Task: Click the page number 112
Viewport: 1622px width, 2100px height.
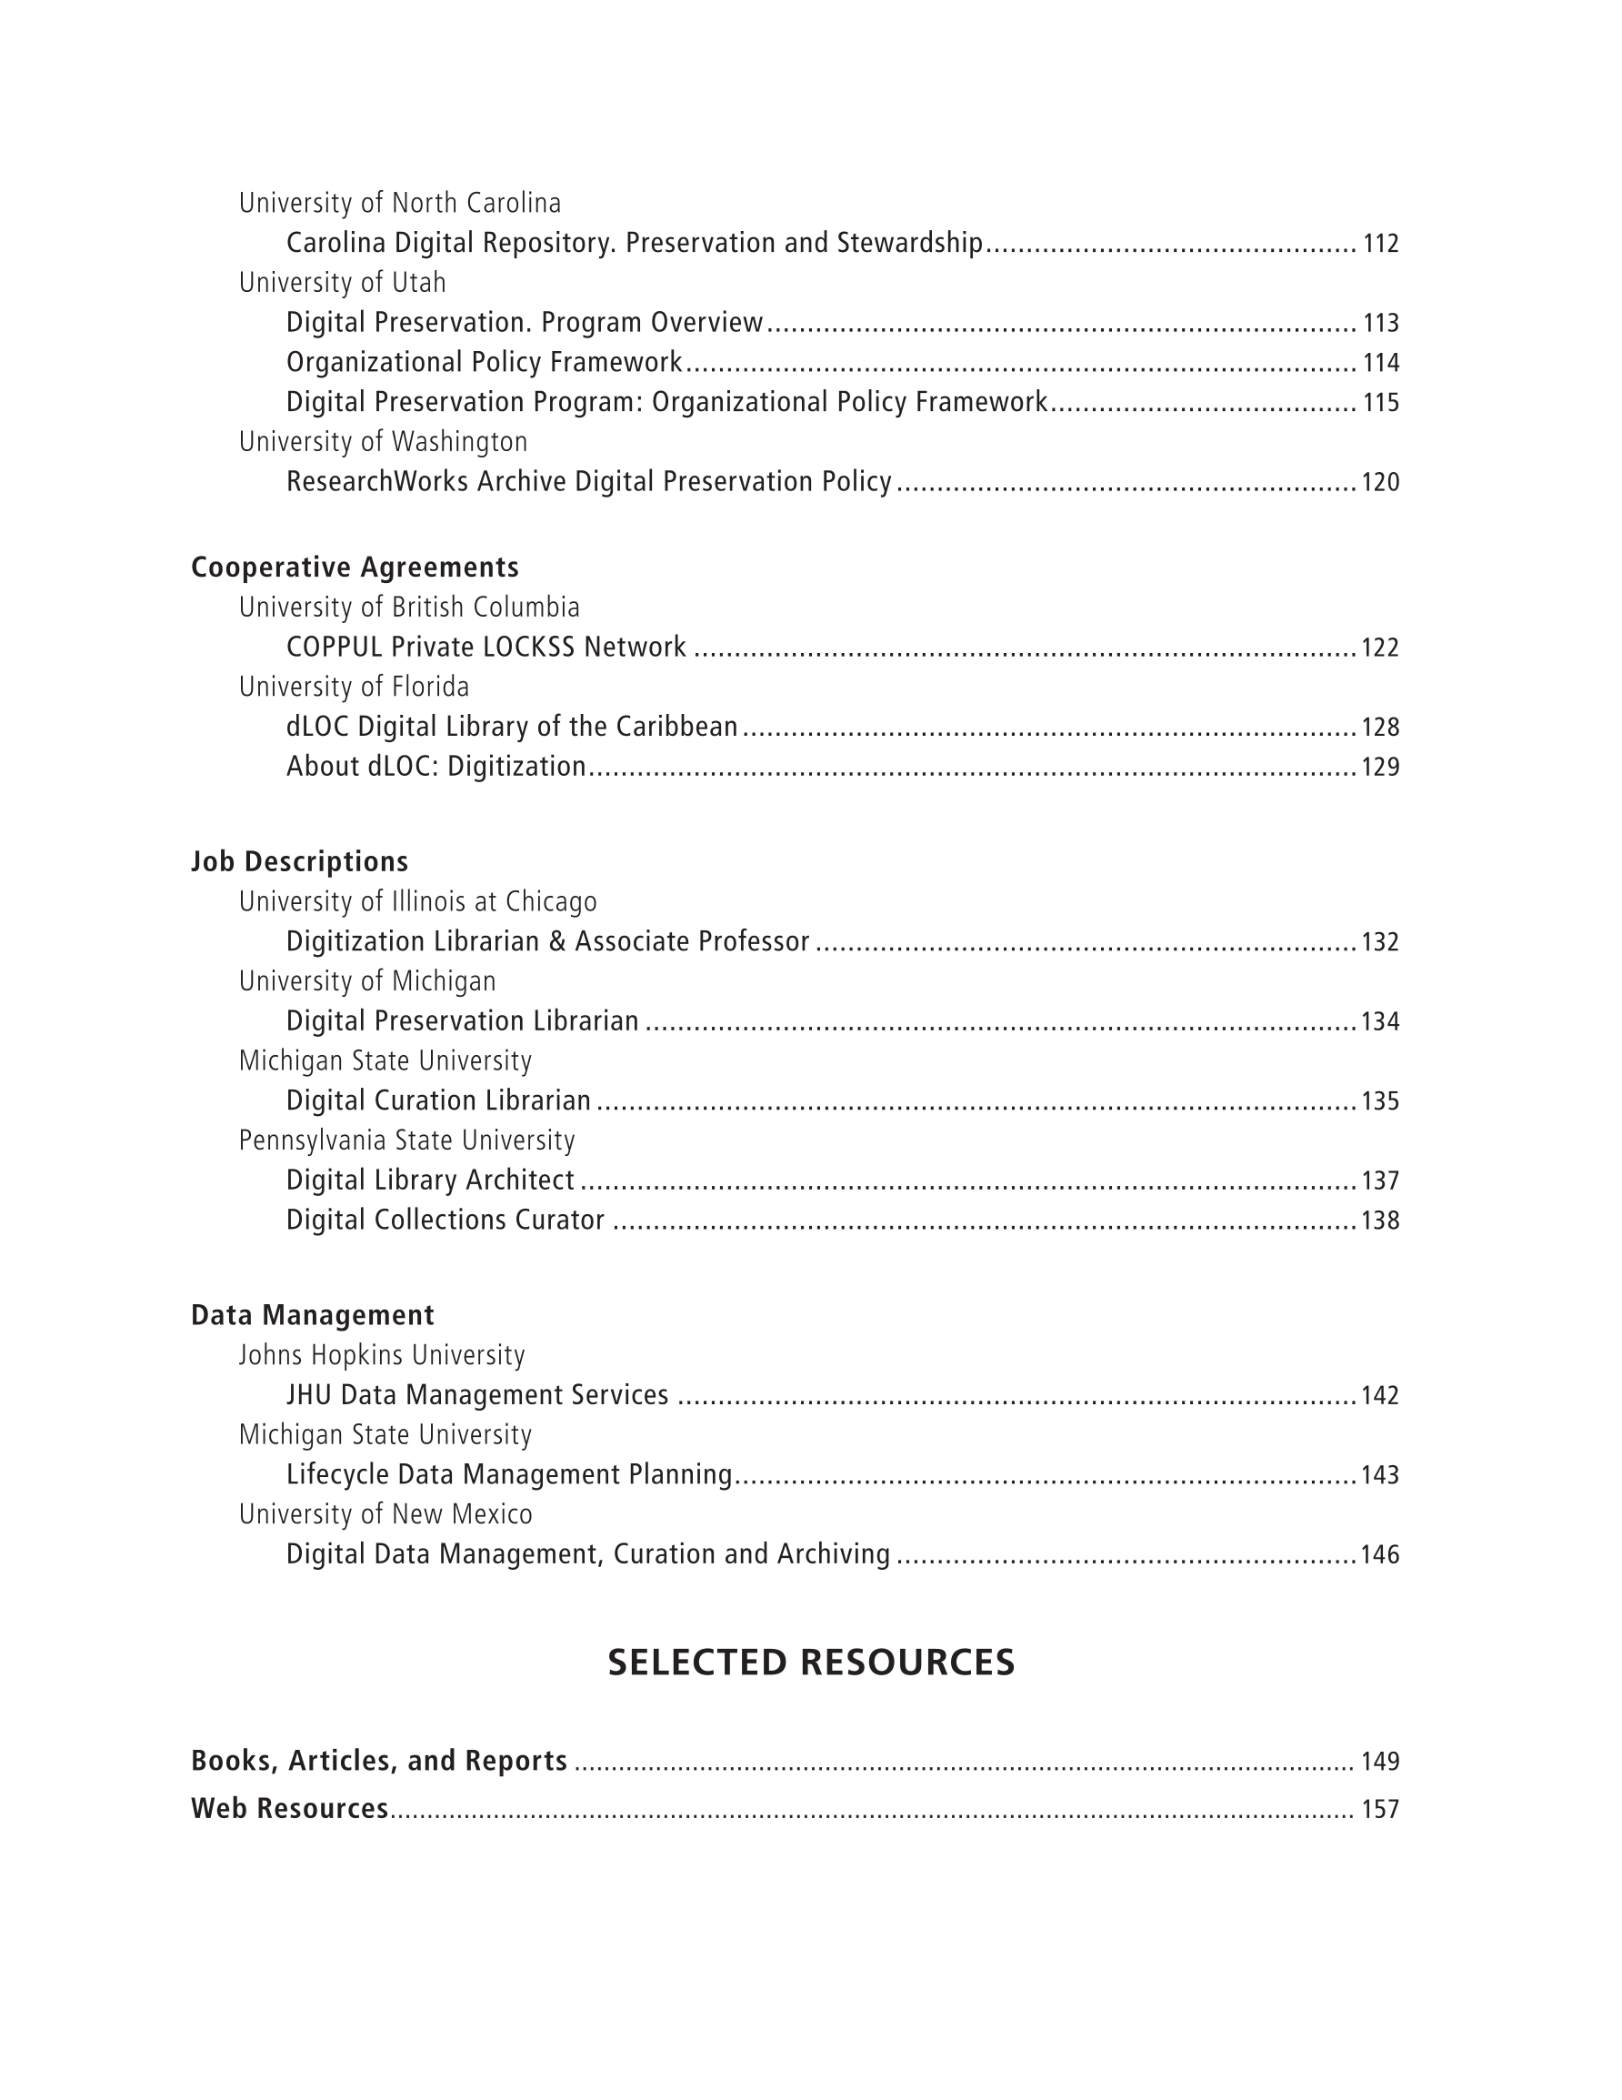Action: (x=1380, y=243)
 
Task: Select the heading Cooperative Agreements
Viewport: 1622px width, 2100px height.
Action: (x=355, y=568)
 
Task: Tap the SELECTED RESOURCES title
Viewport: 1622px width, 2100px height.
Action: (x=810, y=1663)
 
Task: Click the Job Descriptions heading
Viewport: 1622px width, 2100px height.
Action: (x=299, y=861)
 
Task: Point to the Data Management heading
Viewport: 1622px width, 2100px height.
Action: (x=313, y=1315)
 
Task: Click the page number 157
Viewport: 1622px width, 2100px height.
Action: (x=1380, y=1810)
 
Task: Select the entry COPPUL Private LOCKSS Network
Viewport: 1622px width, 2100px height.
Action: (x=486, y=648)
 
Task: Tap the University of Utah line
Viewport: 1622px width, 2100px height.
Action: (x=342, y=283)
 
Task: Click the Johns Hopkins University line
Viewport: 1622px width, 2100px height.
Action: (x=382, y=1356)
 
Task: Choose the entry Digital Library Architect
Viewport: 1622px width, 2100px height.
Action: (x=430, y=1180)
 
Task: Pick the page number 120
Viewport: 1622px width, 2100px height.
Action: (x=1380, y=482)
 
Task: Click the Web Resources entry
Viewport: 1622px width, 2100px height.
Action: (x=289, y=1809)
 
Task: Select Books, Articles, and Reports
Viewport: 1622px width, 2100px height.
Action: (x=379, y=1761)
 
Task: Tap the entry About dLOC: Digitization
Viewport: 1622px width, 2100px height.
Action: (x=436, y=767)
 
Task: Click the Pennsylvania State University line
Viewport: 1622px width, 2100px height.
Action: (x=406, y=1140)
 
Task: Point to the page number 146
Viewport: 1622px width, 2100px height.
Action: (x=1380, y=1555)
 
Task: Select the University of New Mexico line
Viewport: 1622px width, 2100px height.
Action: (x=385, y=1514)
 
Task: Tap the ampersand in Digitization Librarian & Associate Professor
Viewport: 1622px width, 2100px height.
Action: (x=556, y=941)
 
